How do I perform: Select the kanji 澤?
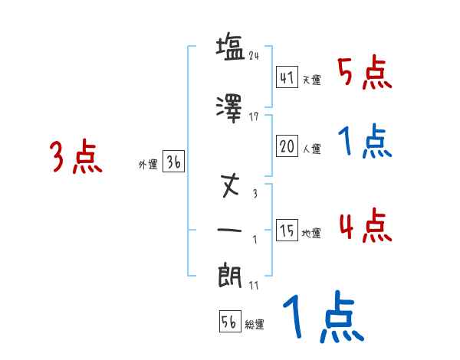pos(231,108)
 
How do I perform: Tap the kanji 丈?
pos(231,186)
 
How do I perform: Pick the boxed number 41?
pos(287,77)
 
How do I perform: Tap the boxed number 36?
pos(173,162)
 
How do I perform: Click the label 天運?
pos(311,80)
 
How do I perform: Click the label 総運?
pos(255,324)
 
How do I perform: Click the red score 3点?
pos(76,158)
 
